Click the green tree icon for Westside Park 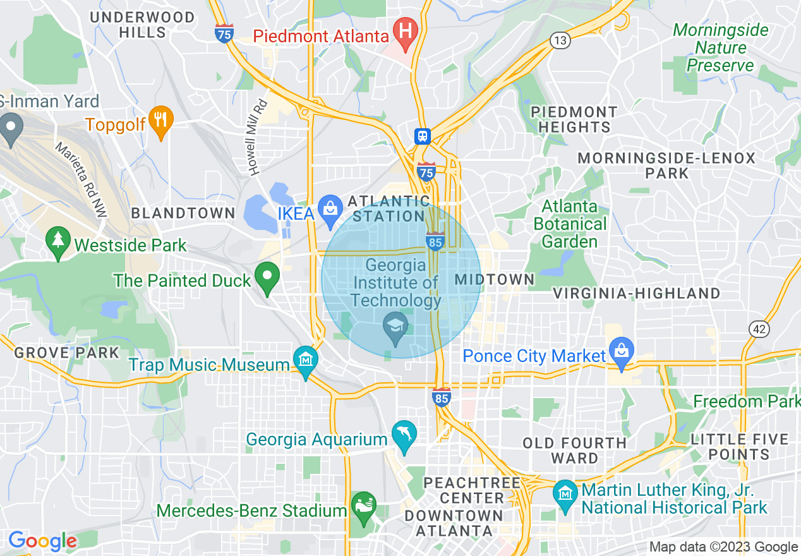click(x=58, y=243)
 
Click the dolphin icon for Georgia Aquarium click(x=404, y=435)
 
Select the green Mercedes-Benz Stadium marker click(x=364, y=507)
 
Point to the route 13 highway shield click(x=560, y=41)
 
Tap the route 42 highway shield click(x=759, y=329)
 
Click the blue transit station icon click(x=423, y=136)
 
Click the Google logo click(x=42, y=541)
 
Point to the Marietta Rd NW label click(x=81, y=181)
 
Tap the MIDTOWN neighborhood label click(x=495, y=279)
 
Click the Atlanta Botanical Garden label click(x=570, y=224)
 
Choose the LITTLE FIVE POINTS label click(x=739, y=447)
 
